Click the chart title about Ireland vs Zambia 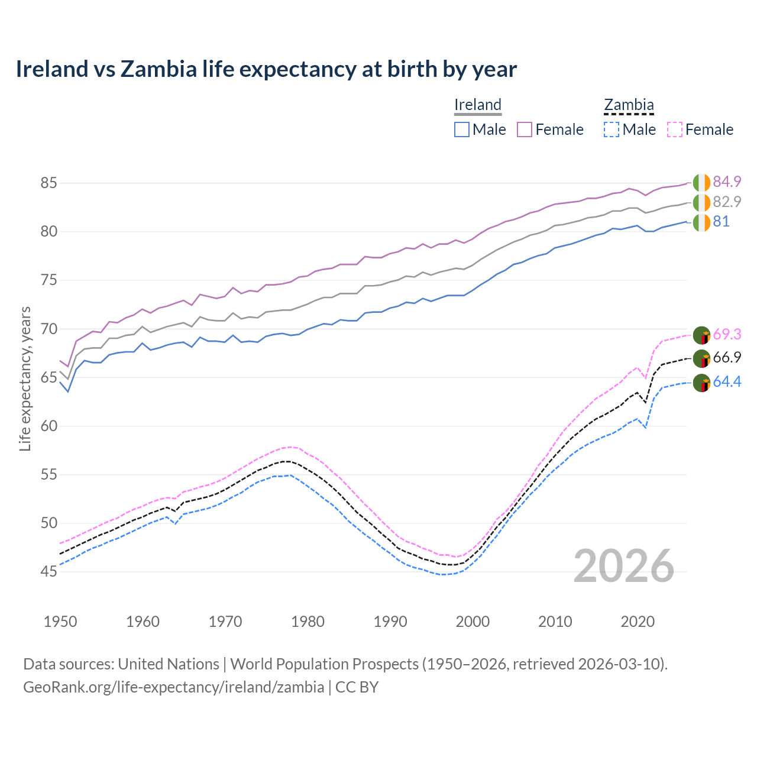click(x=266, y=69)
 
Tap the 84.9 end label click(x=727, y=182)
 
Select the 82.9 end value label click(x=727, y=202)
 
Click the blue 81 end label click(x=721, y=222)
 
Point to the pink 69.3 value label click(x=727, y=334)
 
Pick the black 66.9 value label click(x=727, y=358)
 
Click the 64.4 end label click(x=727, y=382)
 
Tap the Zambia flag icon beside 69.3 click(x=701, y=335)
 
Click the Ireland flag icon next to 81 click(x=701, y=223)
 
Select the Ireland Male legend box click(x=462, y=130)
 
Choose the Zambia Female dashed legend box click(x=675, y=130)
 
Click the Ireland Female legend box click(x=525, y=130)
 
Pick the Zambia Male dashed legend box click(x=612, y=130)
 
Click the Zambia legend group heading click(x=629, y=105)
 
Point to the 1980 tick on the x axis click(x=308, y=622)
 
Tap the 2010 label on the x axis click(x=555, y=622)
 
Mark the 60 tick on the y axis click(x=48, y=426)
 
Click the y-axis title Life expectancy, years click(x=25, y=378)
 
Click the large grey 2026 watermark click(x=624, y=566)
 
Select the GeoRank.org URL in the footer click(x=173, y=687)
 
